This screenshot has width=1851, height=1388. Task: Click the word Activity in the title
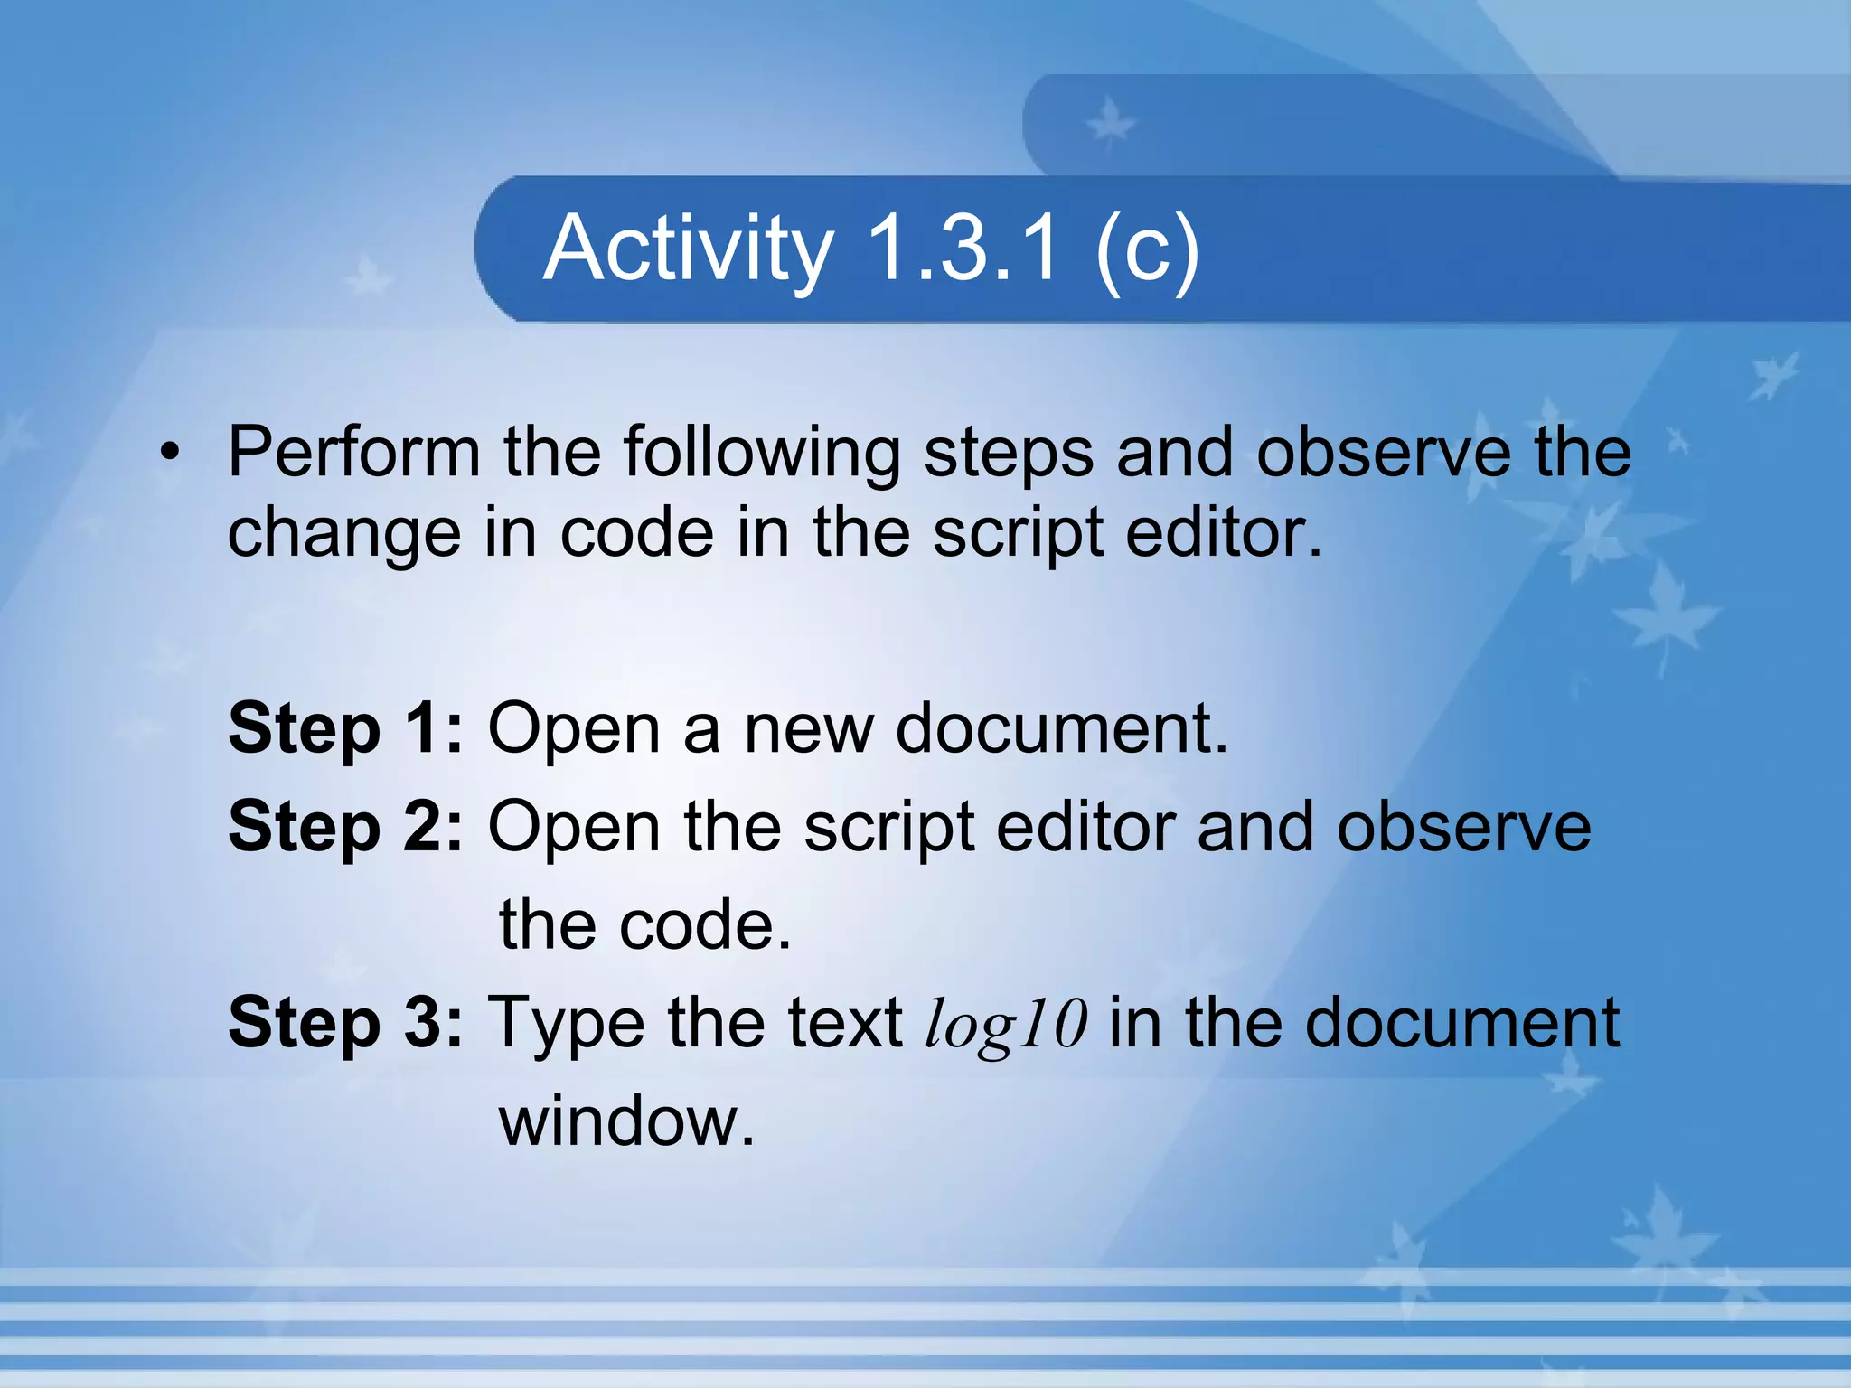[x=688, y=249]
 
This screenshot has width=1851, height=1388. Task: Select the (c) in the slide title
[x=1146, y=249]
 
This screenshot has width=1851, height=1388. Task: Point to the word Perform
[x=353, y=451]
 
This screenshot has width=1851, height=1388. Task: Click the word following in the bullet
[x=762, y=453]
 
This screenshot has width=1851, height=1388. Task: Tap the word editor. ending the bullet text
[x=1224, y=532]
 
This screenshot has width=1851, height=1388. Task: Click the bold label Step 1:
[x=345, y=729]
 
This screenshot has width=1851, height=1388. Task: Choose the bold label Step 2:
[x=345, y=827]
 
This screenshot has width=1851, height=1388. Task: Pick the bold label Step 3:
[x=345, y=1024]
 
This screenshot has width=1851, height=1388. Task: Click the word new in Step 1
[x=808, y=729]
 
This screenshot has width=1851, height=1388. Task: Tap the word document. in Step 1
[x=1062, y=728]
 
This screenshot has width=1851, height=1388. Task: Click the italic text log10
[x=1006, y=1025]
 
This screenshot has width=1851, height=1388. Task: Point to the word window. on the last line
[x=626, y=1121]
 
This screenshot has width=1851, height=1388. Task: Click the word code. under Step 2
[x=706, y=926]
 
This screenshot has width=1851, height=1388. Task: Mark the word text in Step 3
[x=845, y=1024]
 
